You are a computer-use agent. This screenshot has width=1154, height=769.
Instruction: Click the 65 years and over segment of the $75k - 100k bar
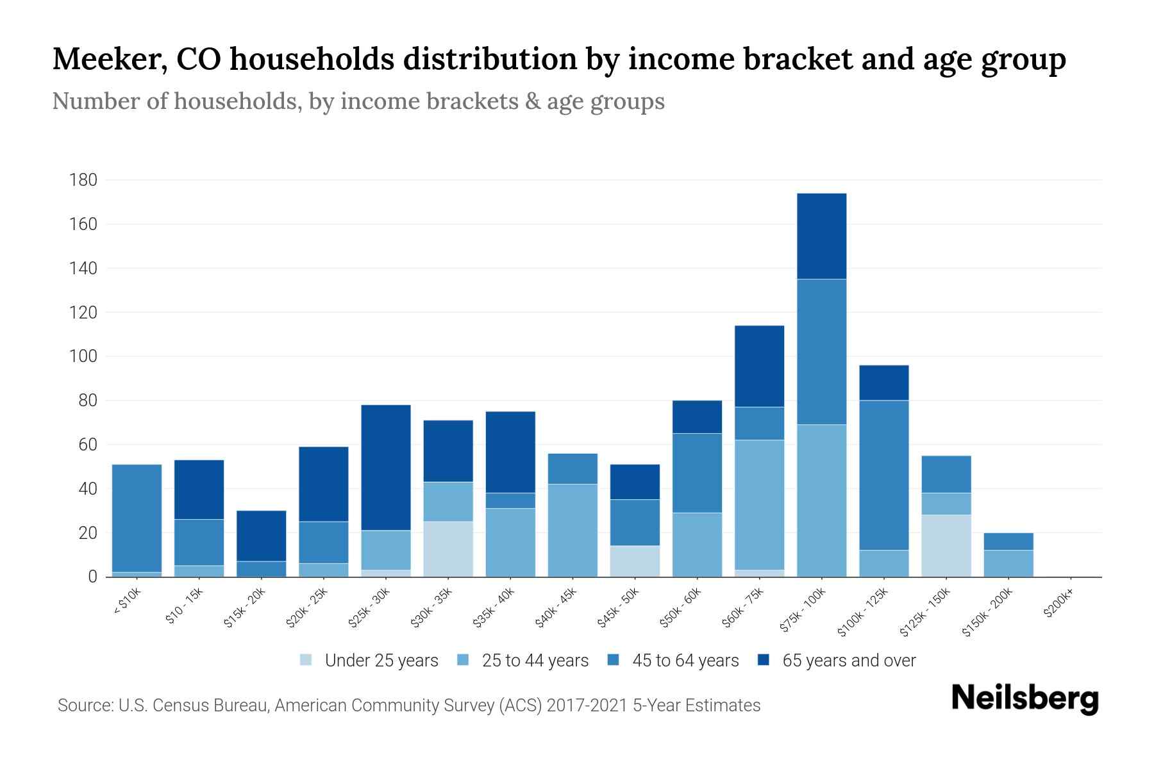(821, 236)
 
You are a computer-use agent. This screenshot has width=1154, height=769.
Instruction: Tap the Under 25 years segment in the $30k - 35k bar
(448, 549)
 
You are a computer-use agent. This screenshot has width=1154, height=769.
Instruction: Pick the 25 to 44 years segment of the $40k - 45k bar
(573, 530)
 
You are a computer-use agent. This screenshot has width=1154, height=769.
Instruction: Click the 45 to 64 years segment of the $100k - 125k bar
(883, 475)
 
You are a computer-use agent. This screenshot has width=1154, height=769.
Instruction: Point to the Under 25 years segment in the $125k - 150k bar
(946, 545)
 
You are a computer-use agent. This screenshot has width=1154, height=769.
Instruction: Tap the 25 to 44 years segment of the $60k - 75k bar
(759, 504)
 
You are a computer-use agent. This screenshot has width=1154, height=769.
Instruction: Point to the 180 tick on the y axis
(83, 180)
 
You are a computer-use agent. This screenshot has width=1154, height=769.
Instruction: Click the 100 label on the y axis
(83, 356)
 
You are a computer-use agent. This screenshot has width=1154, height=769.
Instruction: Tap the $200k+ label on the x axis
(1058, 605)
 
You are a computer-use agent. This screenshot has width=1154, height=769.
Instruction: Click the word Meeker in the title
(105, 59)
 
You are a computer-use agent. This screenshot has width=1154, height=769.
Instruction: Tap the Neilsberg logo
(1024, 699)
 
